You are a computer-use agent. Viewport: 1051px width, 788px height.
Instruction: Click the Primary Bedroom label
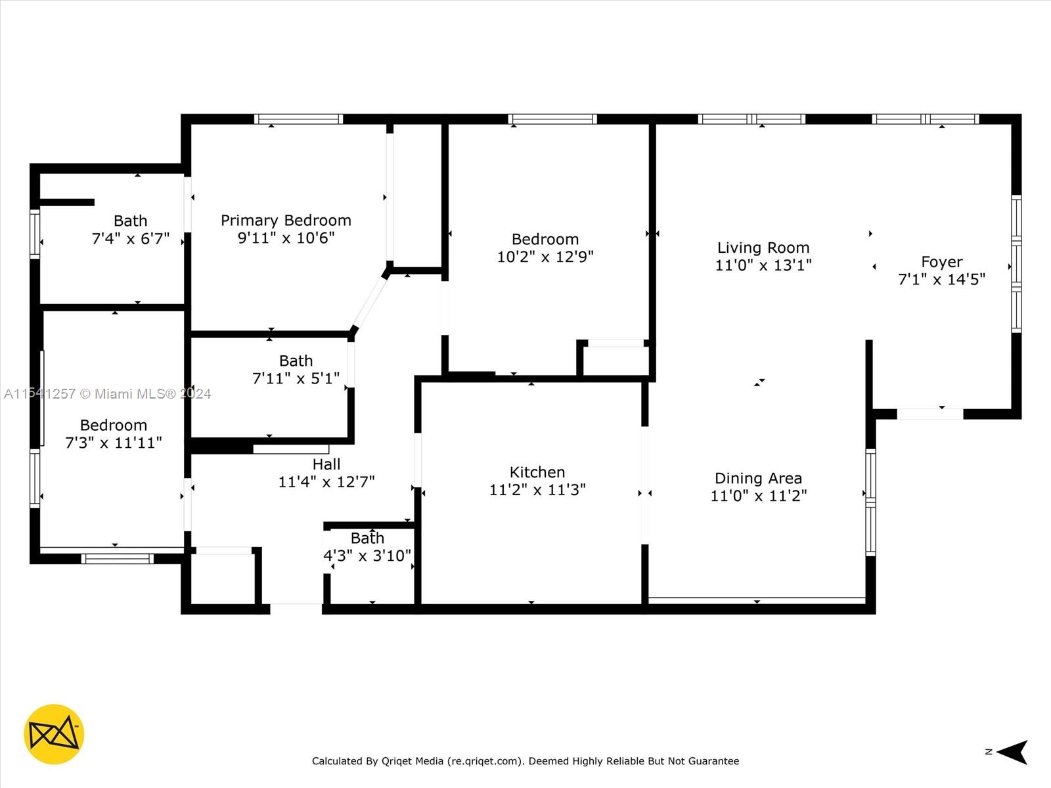pos(286,221)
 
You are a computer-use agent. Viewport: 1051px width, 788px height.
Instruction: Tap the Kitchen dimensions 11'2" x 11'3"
pos(537,490)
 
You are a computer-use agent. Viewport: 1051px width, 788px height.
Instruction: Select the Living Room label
pos(763,248)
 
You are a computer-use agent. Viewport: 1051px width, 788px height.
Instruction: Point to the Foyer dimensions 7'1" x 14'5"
pos(941,280)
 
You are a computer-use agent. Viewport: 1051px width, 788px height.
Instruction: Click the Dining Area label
pos(758,478)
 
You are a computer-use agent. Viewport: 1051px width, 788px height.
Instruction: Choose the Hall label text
pos(326,464)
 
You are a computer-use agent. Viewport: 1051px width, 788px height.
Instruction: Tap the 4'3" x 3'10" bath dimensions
pos(367,556)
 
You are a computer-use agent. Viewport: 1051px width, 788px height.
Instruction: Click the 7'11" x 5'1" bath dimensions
pos(296,378)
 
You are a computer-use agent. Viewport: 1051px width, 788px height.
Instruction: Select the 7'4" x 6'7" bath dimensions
pos(130,238)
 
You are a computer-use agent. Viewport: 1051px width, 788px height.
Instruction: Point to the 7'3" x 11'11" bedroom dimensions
pos(113,443)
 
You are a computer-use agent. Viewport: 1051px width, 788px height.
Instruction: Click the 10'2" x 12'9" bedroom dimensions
pos(545,257)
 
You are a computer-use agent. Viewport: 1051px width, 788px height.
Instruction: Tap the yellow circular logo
pos(54,734)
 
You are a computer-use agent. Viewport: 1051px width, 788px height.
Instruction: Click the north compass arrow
pos(1012,752)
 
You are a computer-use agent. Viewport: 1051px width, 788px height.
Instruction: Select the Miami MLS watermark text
pos(108,394)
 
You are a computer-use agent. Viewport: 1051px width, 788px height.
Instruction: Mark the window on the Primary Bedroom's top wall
pos(298,119)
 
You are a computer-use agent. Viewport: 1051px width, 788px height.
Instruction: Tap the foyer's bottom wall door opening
pos(929,414)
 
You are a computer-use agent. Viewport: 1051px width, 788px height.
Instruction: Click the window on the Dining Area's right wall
pos(870,502)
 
